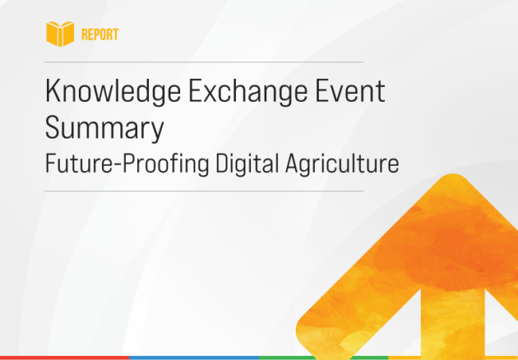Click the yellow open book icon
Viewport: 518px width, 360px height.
[x=60, y=34]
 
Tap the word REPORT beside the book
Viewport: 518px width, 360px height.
[x=100, y=35]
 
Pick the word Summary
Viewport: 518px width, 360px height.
[x=104, y=127]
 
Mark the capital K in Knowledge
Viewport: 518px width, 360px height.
[x=53, y=91]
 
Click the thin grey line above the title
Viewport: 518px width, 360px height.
[x=204, y=61]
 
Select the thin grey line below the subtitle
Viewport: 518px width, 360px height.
[x=204, y=191]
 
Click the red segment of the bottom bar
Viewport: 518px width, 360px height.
[x=64, y=357]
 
